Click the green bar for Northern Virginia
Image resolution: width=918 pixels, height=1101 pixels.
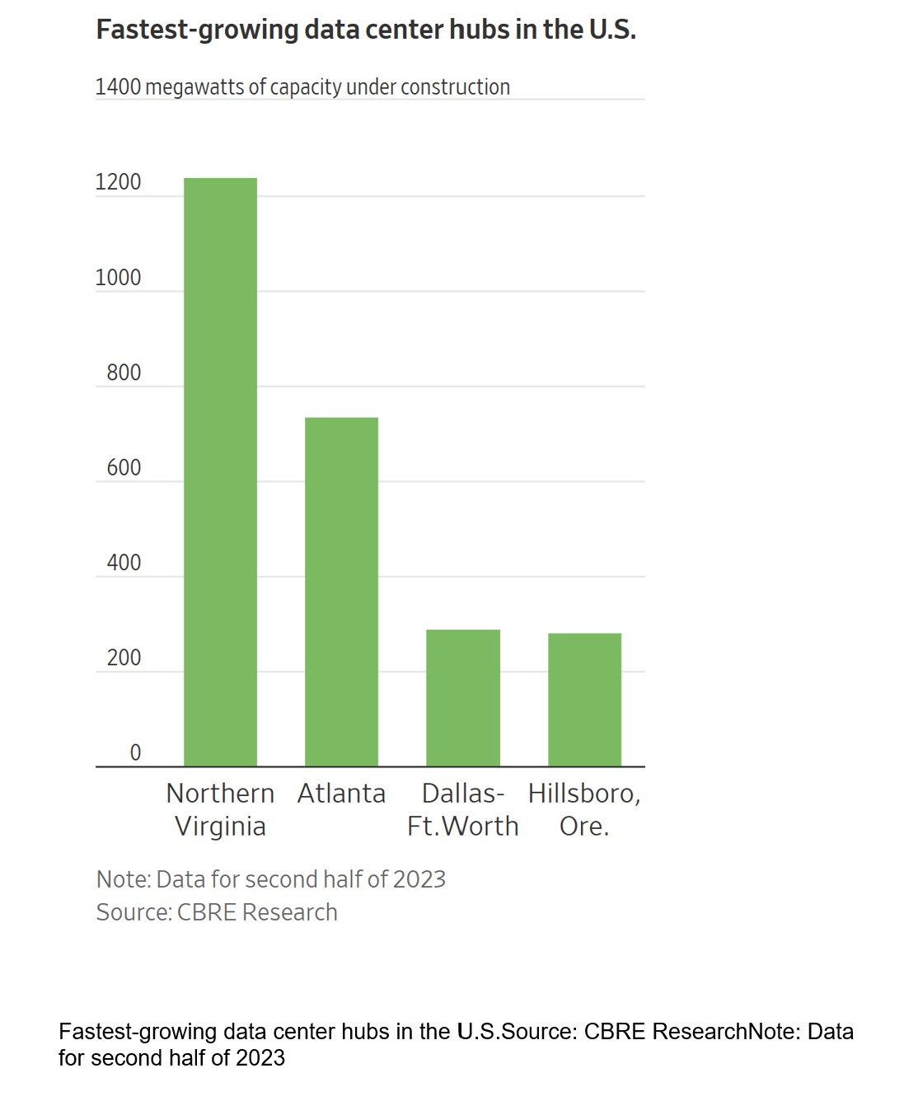[x=220, y=471]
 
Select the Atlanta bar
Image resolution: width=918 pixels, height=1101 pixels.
[x=341, y=592]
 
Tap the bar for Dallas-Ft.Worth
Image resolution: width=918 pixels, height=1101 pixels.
[x=462, y=697]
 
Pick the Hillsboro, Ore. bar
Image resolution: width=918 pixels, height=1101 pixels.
[x=584, y=699]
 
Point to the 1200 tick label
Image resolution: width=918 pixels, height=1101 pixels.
[x=118, y=182]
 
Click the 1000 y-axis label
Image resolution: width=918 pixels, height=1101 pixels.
[x=118, y=278]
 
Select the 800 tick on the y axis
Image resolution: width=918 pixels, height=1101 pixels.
[x=124, y=372]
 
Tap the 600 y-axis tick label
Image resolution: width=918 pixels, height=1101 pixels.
[x=124, y=467]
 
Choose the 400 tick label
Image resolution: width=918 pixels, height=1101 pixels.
[x=124, y=563]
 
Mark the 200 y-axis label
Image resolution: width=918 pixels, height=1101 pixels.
[x=124, y=658]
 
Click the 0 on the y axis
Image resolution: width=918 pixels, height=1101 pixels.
[x=135, y=752]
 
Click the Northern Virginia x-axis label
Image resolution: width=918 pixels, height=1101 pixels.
[x=220, y=809]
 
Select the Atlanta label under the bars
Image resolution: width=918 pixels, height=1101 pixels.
[x=341, y=794]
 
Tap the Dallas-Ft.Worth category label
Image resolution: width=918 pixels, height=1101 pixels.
[x=462, y=809]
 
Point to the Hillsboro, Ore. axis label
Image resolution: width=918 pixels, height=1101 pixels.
[x=584, y=809]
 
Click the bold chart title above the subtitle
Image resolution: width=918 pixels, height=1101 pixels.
[x=366, y=30]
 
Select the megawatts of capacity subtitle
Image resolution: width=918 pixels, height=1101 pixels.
[x=302, y=87]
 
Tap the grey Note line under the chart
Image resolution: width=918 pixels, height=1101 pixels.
[x=270, y=879]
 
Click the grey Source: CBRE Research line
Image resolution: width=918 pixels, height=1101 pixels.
[x=217, y=912]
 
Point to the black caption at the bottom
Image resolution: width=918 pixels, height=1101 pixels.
[x=456, y=1044]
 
